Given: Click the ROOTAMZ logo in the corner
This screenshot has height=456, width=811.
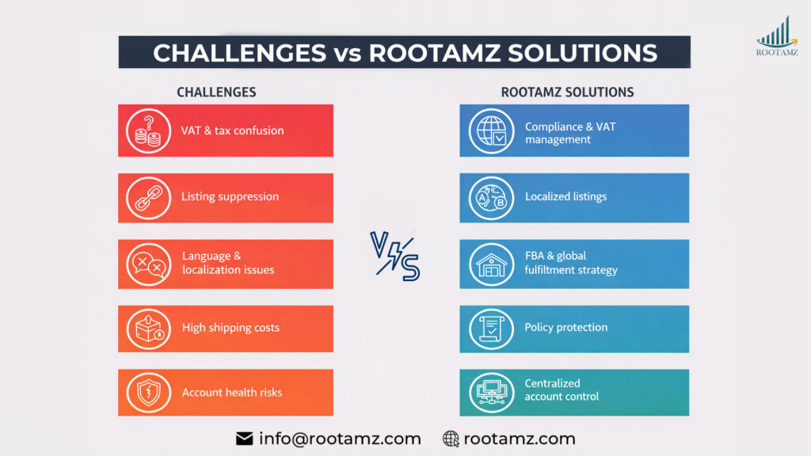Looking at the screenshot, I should pos(777,36).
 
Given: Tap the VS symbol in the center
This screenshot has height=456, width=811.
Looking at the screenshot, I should pos(395,256).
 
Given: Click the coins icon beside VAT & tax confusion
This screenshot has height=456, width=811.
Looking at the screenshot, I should pos(148,131).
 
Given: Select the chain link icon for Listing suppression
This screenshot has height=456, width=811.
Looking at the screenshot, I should pos(148,197).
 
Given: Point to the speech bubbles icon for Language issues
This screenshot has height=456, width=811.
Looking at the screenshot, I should pos(148,264).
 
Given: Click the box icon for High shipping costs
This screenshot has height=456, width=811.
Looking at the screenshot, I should pos(148,328).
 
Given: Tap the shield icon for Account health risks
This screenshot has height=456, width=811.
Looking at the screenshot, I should pos(148,393).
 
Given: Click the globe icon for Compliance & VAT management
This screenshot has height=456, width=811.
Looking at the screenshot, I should pos(490,131).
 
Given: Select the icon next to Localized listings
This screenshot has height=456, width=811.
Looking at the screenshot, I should pos(490,197).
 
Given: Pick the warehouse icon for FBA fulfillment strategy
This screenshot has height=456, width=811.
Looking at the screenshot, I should pos(490,264).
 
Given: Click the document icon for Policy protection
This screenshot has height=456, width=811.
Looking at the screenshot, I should pos(490,328).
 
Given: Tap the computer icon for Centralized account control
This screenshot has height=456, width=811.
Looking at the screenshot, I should pos(490,393).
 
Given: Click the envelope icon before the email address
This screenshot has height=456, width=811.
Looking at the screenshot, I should pos(244,439).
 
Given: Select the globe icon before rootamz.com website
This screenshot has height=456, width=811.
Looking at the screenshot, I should pos(451,439).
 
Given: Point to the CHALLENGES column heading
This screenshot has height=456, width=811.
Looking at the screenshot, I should pos(216,92).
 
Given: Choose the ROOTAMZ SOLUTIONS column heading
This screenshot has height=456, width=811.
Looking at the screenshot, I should pos(567,92).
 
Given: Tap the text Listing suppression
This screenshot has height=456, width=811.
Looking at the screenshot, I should pos(230,196).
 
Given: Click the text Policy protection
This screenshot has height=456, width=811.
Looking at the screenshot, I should pos(565,327).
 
